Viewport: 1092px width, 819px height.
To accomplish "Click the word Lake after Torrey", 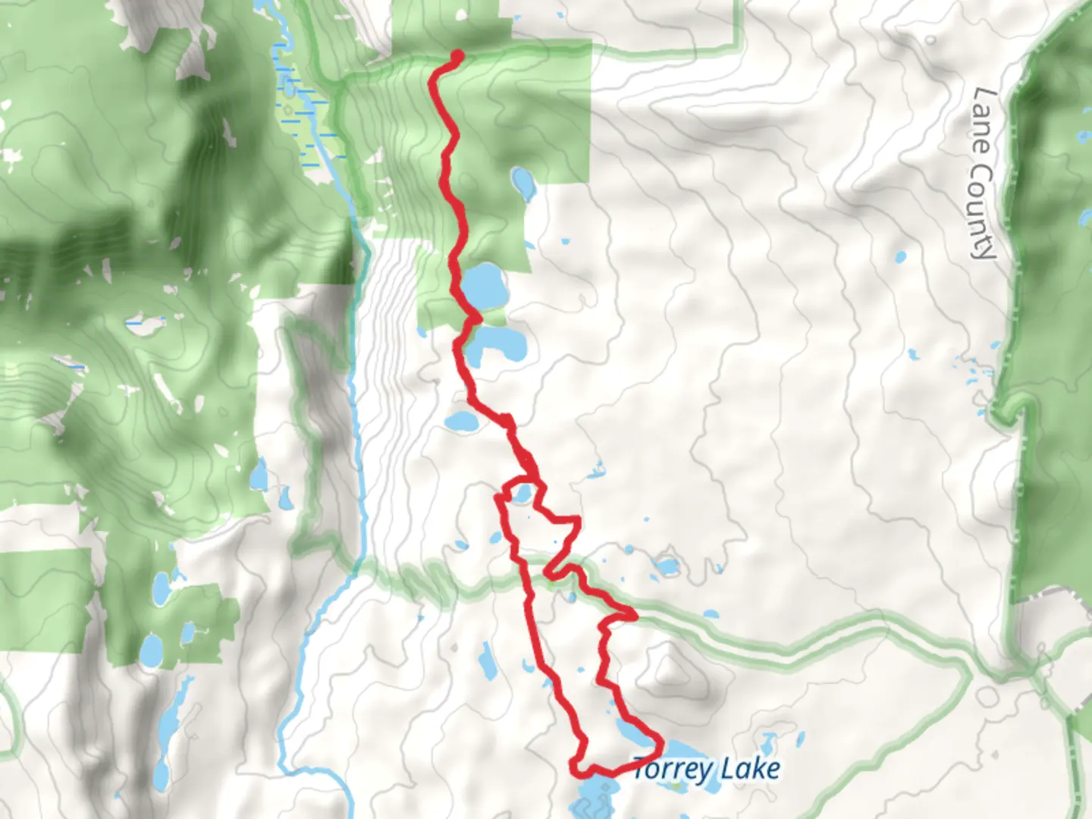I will [750, 769].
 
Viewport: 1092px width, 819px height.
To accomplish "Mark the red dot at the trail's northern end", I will [457, 55].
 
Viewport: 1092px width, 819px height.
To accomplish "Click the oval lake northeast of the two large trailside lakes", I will [522, 181].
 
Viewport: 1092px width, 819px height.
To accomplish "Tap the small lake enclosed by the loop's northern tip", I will [521, 494].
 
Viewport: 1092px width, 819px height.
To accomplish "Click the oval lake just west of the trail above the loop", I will [460, 421].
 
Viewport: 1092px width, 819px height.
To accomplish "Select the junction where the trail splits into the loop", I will [535, 478].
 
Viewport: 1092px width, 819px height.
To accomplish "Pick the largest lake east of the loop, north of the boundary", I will [667, 566].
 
